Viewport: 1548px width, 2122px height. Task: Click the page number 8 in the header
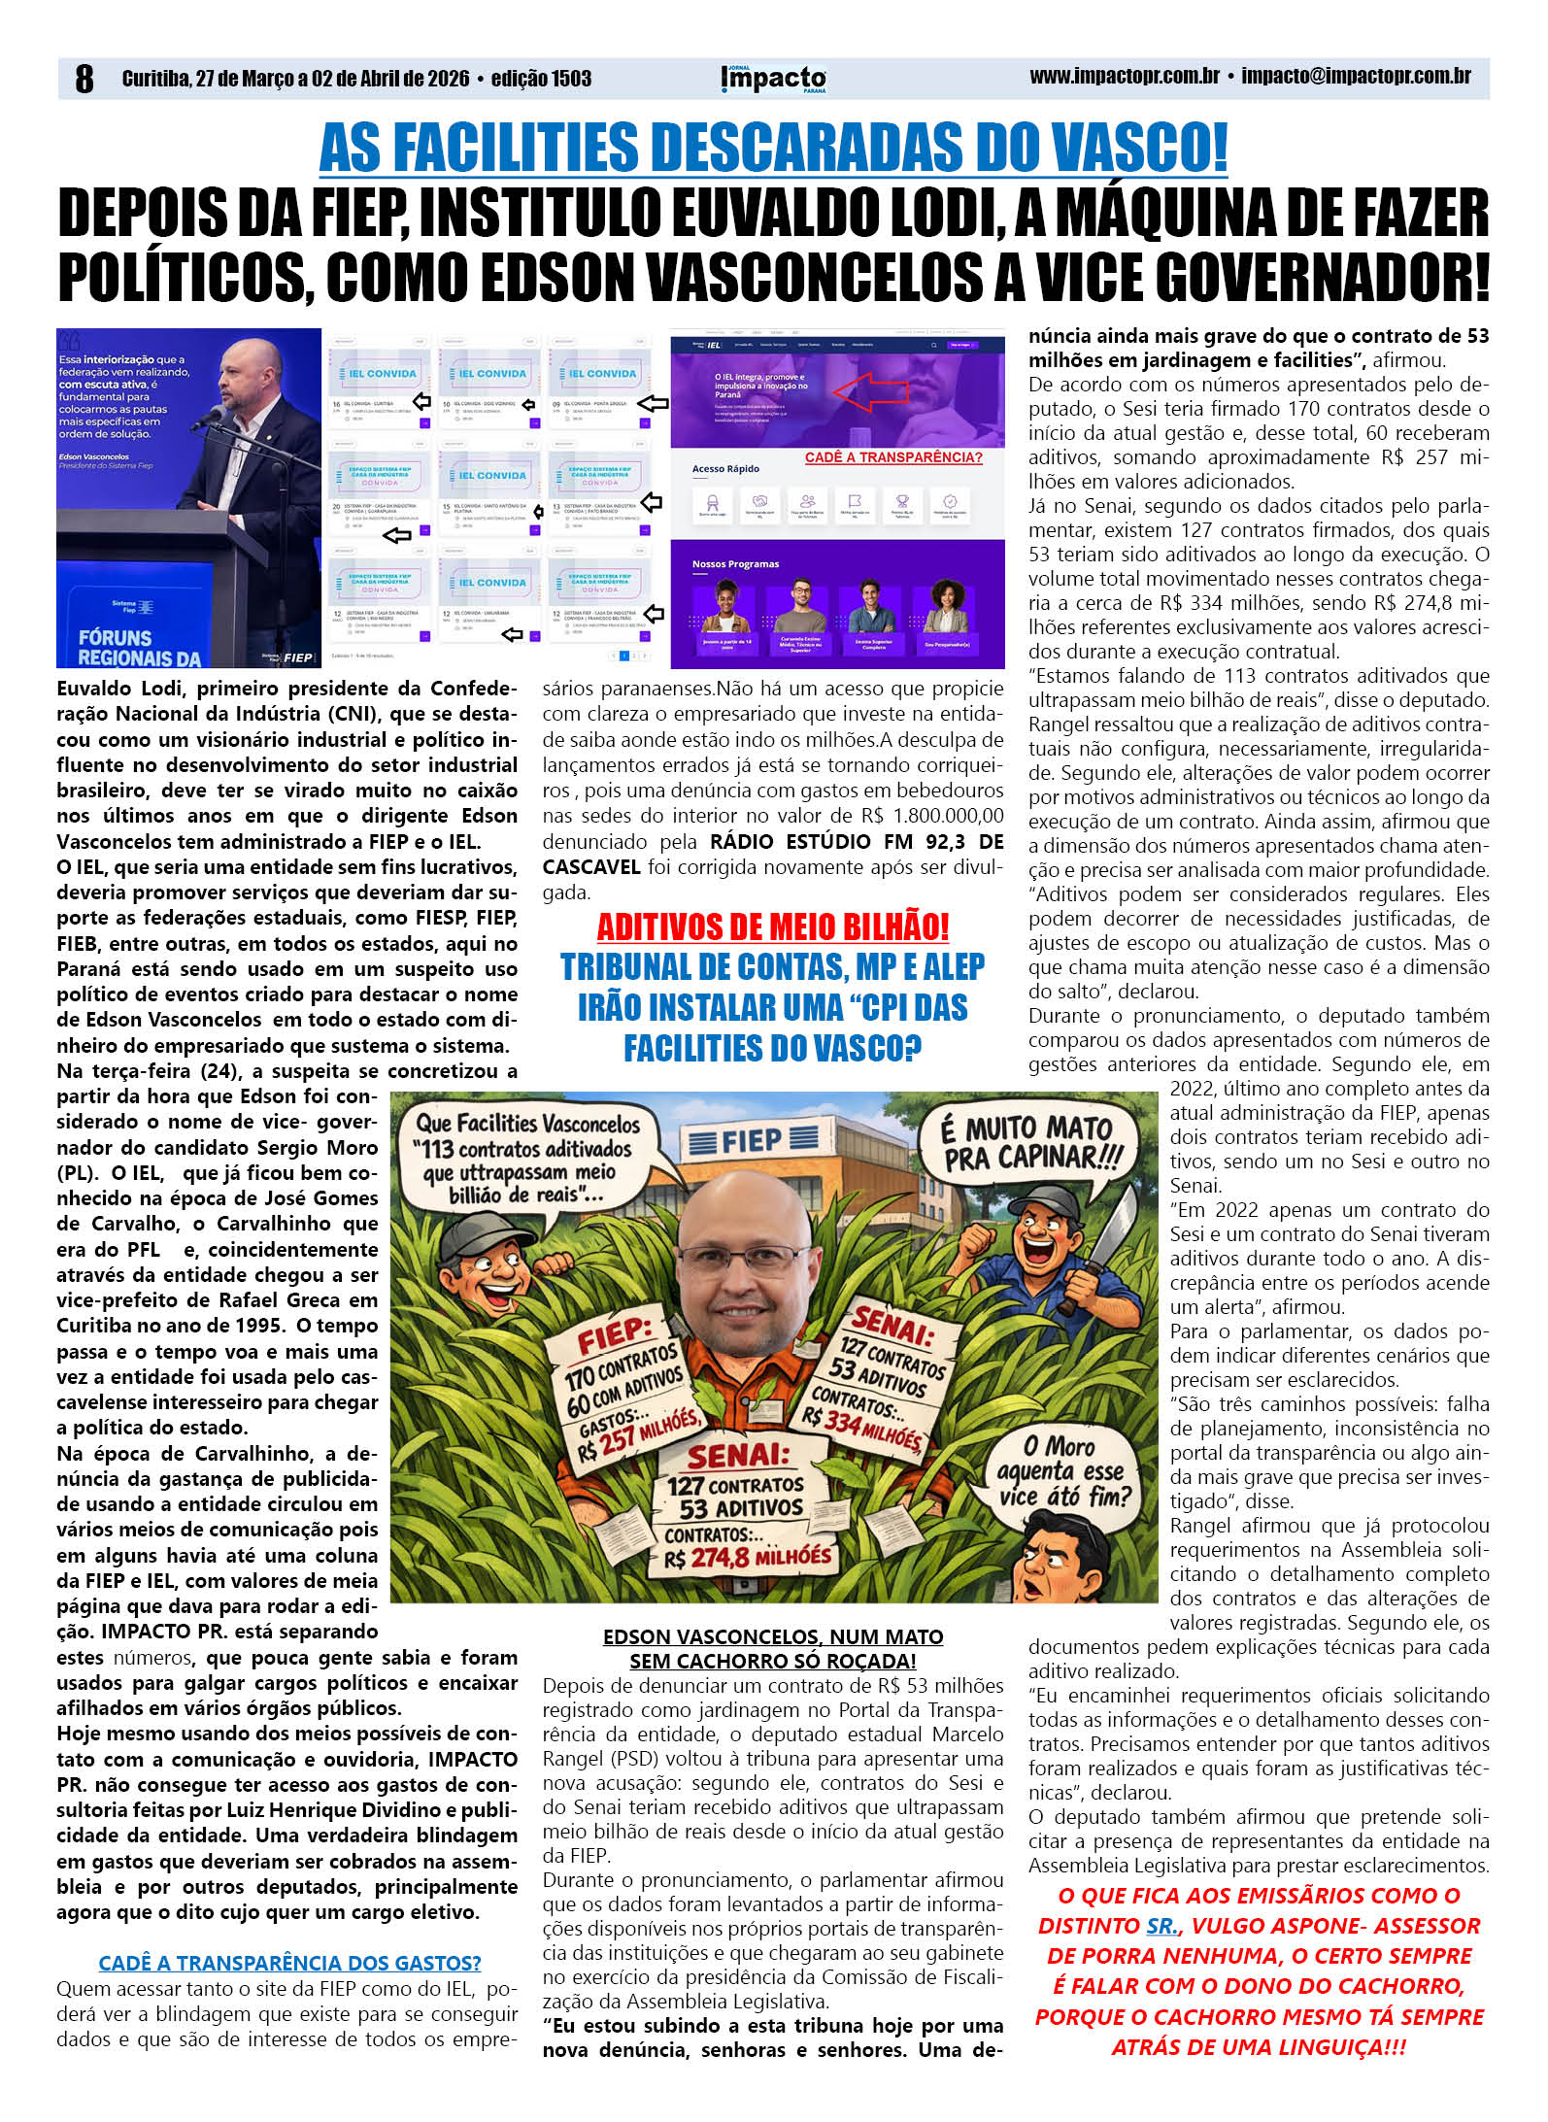click(84, 79)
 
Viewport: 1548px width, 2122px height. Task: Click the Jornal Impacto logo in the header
click(774, 79)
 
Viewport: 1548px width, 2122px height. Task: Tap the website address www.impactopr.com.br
click(1124, 77)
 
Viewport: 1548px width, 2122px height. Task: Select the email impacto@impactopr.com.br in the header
click(1356, 77)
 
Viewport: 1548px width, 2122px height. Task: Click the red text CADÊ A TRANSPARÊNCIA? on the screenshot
click(893, 457)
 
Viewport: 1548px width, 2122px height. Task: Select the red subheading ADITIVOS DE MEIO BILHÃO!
click(773, 926)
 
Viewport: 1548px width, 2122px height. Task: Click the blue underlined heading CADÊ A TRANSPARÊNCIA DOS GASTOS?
click(289, 1963)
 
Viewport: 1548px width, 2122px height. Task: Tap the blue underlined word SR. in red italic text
click(1162, 1926)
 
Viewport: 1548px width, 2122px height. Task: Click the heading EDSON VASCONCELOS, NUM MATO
click(773, 1636)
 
